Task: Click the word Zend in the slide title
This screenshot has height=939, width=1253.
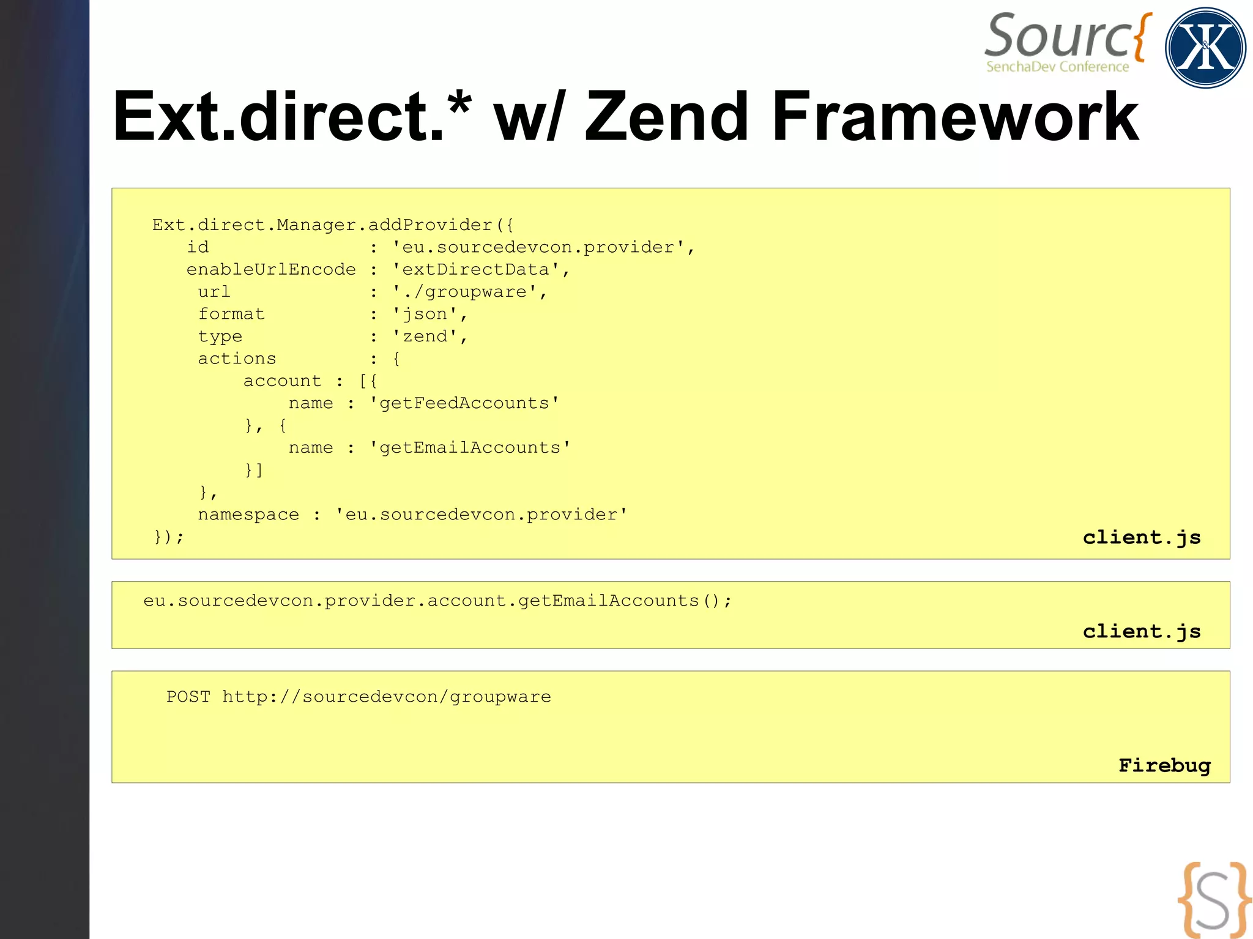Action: click(x=667, y=116)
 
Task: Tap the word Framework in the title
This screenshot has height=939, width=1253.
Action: click(x=954, y=116)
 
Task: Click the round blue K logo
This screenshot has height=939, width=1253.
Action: click(x=1205, y=48)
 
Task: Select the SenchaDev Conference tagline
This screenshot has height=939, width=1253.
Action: click(x=1057, y=67)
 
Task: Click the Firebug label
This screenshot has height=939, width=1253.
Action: click(x=1164, y=765)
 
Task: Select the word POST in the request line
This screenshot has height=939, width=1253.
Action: click(x=188, y=697)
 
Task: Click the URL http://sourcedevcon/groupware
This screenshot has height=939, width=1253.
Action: click(x=386, y=697)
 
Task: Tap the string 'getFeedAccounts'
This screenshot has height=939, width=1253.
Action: click(x=464, y=403)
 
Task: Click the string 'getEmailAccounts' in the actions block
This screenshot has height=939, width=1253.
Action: click(x=470, y=448)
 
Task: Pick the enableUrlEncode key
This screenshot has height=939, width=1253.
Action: click(x=271, y=270)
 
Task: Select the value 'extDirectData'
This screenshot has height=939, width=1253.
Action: click(x=475, y=270)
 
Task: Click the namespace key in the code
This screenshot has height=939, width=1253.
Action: click(x=248, y=514)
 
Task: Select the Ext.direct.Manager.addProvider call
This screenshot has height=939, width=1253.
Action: click(x=332, y=225)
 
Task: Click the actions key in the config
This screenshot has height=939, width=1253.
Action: click(x=237, y=358)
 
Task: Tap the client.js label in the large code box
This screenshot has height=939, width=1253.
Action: click(x=1142, y=537)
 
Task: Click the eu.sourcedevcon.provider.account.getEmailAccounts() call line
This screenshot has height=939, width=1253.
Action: click(x=437, y=601)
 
